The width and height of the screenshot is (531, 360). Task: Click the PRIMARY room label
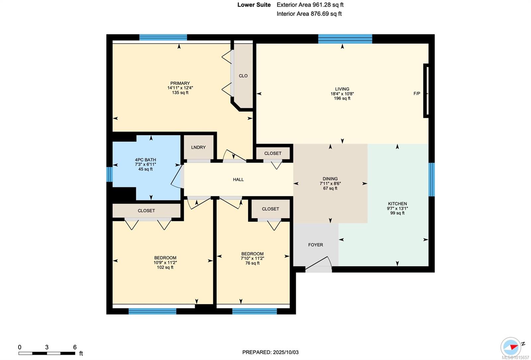tap(180, 83)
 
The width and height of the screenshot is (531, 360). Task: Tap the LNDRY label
tap(198, 147)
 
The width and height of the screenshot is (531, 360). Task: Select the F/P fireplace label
tap(417, 94)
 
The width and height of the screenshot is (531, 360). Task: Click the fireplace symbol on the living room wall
tap(426, 91)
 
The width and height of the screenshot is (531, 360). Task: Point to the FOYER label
tap(316, 245)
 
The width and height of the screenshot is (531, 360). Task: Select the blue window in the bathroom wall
tap(109, 174)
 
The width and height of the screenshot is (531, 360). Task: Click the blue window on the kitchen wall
tap(432, 180)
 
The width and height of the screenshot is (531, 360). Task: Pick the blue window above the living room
tap(345, 39)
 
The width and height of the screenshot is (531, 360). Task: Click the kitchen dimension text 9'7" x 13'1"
tap(398, 209)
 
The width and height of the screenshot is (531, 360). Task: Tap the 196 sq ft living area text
tap(342, 98)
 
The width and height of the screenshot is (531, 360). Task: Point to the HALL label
tap(238, 180)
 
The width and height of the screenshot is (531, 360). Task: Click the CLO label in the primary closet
tap(243, 76)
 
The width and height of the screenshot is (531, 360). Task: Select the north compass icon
tap(511, 347)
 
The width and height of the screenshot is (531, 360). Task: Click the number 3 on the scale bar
tap(47, 347)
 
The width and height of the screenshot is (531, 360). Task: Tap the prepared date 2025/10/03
tap(286, 352)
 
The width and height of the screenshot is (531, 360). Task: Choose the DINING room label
tap(330, 179)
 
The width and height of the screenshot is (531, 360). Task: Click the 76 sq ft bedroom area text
tap(253, 263)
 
